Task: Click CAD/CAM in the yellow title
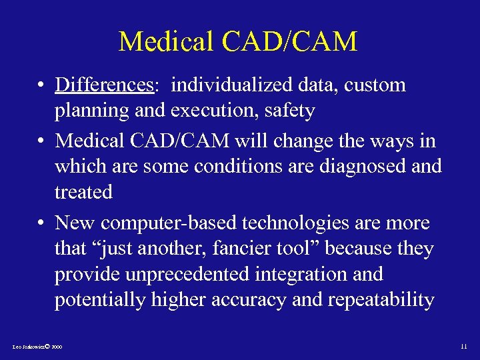pyautogui.click(x=291, y=41)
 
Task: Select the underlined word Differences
pyautogui.click(x=105, y=85)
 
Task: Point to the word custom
pyautogui.click(x=377, y=85)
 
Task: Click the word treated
pyautogui.click(x=83, y=192)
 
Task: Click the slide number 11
pyautogui.click(x=464, y=347)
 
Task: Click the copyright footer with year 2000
pyautogui.click(x=37, y=347)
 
